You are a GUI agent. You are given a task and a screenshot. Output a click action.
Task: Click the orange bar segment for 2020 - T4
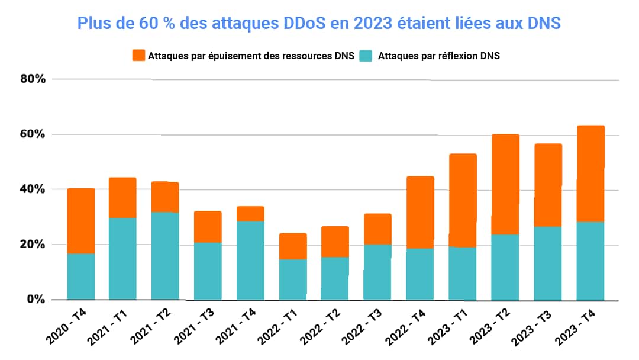81,221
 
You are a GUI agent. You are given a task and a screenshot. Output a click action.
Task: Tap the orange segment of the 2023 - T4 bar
590,173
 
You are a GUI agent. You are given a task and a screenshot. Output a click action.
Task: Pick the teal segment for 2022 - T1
293,279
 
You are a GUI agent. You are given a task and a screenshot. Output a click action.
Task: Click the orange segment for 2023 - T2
505,184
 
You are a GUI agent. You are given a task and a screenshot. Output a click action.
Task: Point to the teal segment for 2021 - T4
250,260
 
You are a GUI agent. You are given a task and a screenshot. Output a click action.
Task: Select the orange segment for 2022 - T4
420,212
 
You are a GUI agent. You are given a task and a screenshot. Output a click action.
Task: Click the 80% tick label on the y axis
32,79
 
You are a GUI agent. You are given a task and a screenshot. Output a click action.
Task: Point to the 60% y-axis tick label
32,134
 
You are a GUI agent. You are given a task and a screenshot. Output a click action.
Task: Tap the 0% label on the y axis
35,300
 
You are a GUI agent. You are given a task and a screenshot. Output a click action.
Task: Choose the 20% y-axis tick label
32,245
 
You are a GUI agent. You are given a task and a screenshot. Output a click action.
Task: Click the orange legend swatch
138,56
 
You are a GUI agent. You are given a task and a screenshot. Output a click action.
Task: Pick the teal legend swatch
367,56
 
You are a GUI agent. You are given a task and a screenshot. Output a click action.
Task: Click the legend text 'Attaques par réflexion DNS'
438,56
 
